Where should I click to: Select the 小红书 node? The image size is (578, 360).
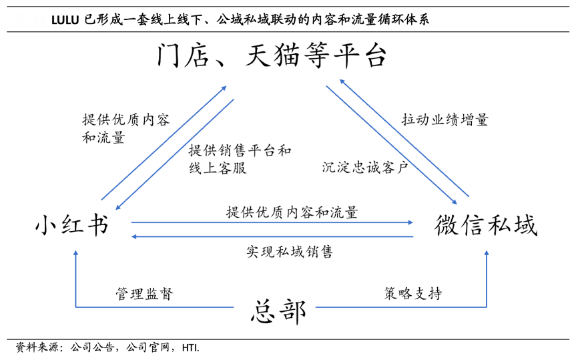(71, 225)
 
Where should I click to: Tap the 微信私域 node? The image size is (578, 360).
(485, 225)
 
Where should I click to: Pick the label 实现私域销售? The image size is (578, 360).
(289, 252)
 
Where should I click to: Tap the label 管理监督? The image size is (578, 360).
(143, 294)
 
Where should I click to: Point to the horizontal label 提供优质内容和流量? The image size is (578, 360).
(292, 212)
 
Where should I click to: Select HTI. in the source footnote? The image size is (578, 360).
(190, 347)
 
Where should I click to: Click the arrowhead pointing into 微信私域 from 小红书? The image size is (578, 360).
(410, 222)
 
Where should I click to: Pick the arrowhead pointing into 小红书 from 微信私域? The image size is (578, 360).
(135, 236)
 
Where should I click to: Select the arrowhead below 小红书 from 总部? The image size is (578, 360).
(75, 254)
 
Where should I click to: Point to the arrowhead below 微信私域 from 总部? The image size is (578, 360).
(486, 254)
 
